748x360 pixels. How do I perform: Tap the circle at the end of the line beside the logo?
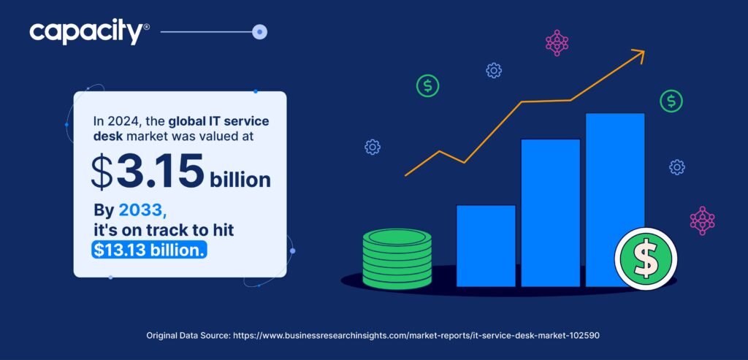click(259, 32)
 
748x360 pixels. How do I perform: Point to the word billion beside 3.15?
click(240, 178)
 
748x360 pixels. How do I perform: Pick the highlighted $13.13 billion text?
click(150, 250)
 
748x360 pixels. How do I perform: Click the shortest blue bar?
click(486, 245)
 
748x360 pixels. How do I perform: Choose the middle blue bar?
click(550, 212)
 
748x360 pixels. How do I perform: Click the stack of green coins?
click(397, 258)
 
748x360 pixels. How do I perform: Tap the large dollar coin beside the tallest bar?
click(646, 258)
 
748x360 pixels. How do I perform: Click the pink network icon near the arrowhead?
click(557, 42)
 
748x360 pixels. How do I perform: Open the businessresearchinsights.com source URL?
click(417, 335)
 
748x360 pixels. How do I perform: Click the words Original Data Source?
click(188, 335)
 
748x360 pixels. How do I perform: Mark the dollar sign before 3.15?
click(103, 172)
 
